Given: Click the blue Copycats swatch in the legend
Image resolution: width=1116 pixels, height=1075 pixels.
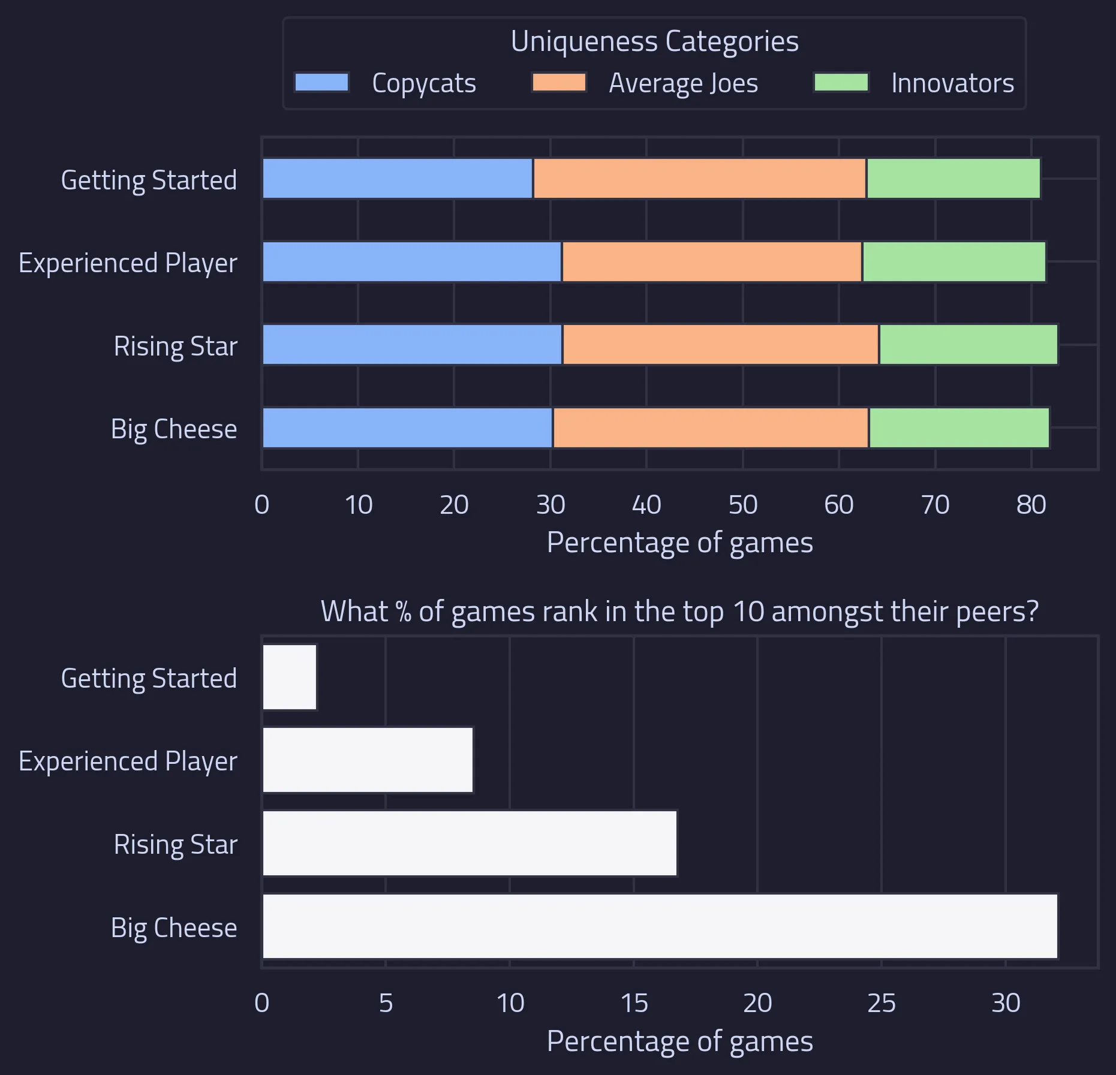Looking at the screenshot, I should (321, 83).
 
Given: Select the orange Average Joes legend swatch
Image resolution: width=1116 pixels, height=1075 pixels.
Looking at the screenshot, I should (558, 83).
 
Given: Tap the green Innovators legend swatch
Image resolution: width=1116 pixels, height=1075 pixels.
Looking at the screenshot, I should (841, 83).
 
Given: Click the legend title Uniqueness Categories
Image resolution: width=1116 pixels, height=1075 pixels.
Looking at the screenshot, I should (654, 41).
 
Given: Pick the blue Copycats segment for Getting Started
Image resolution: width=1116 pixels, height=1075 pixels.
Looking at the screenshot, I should (398, 178).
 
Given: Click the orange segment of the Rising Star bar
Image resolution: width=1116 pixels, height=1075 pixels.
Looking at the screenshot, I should (720, 344).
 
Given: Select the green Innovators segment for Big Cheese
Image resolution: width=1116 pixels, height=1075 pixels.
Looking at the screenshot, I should (959, 427).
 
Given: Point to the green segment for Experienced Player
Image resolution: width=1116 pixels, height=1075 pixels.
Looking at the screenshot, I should (953, 261).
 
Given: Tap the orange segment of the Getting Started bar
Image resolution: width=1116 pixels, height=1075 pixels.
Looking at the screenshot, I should (699, 178).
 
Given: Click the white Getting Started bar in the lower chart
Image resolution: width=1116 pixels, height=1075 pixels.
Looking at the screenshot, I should (289, 677).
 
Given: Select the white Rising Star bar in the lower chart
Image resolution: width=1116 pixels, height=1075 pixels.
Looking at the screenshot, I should (470, 843).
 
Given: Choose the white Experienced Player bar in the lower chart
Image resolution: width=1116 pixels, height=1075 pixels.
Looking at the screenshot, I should (368, 760).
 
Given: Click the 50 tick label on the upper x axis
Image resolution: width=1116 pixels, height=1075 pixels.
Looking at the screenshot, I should (742, 505).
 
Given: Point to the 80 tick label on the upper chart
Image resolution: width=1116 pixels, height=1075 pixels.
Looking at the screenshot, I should (1031, 505).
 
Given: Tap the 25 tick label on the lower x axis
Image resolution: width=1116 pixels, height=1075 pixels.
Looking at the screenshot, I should (881, 1003).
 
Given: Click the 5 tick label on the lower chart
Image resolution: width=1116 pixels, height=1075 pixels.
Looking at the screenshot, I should (386, 1003).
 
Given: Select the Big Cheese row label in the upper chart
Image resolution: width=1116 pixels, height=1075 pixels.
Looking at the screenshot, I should (174, 429).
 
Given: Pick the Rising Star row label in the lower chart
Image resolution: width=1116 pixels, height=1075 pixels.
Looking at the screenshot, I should (175, 844).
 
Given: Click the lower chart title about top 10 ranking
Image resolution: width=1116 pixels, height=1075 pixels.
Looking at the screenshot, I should (679, 612).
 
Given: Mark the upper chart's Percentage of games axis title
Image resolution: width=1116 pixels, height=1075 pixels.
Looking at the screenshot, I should (679, 543).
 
